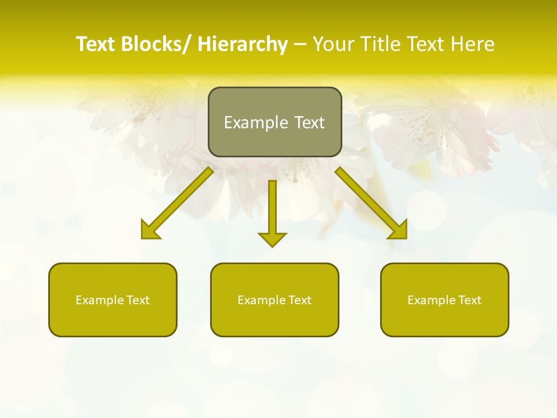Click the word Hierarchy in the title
pos(243,44)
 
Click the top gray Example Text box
pos(274,122)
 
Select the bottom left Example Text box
pos(113,300)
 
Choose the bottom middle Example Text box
pos(274,300)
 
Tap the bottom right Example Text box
pos(444,300)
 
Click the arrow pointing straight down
pos(272,212)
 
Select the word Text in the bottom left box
pos(139,300)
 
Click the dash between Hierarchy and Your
pos(300,45)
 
